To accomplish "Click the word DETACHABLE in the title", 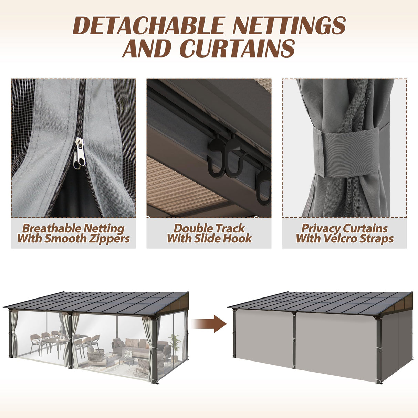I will pyautogui.click(x=148, y=25).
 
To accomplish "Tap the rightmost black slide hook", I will pyautogui.click(x=264, y=186).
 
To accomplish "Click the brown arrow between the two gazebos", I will pyautogui.click(x=209, y=324).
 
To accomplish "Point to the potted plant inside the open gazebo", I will pyautogui.click(x=175, y=343).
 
